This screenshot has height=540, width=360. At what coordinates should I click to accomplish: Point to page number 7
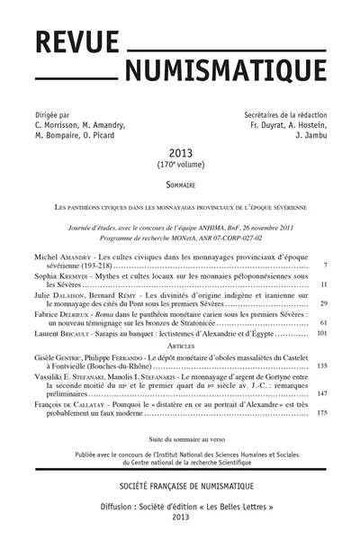[324, 266]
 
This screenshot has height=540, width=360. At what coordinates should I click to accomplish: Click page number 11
[322, 285]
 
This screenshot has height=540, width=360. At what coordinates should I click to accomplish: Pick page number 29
[322, 304]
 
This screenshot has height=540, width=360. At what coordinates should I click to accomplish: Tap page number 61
[322, 323]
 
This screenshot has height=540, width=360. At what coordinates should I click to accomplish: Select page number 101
[320, 335]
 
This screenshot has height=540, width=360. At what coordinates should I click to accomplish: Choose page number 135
[320, 367]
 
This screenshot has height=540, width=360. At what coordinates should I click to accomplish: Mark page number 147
[320, 394]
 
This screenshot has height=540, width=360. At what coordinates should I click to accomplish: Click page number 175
[320, 412]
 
